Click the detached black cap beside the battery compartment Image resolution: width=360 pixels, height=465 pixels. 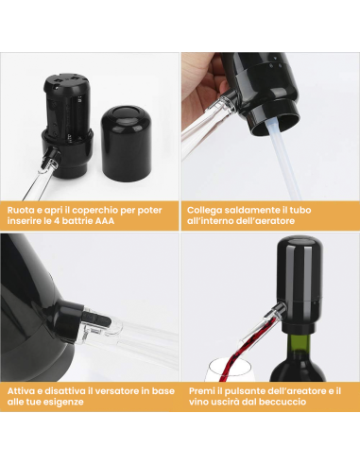pyautogui.click(x=126, y=144)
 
